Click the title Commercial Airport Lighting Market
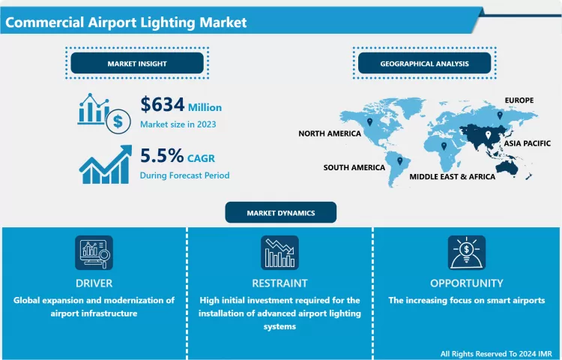[x=126, y=22]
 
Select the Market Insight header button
[x=137, y=64]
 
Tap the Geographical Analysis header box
[x=424, y=64]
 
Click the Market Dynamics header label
[x=281, y=213]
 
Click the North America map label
[x=329, y=133]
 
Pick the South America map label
[x=354, y=167]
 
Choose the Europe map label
[x=519, y=100]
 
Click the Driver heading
[x=94, y=283]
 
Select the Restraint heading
[x=280, y=283]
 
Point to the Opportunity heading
[x=466, y=283]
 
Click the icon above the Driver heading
[x=94, y=253]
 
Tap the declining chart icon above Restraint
[x=280, y=253]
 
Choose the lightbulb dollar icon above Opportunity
[x=466, y=253]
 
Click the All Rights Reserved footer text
[x=496, y=353]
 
